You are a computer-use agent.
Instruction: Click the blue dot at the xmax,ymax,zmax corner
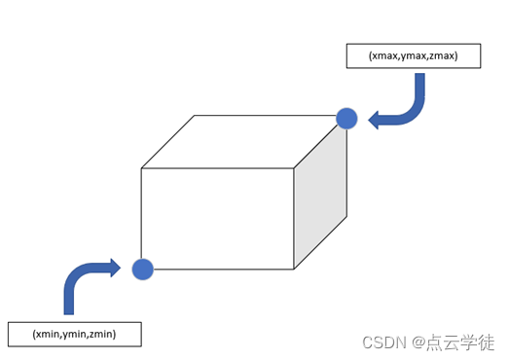[347, 119]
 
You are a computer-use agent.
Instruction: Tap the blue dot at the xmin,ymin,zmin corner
[143, 270]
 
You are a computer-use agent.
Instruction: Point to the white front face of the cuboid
[217, 218]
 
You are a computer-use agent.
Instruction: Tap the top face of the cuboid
[243, 141]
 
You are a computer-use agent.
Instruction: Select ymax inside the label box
[413, 56]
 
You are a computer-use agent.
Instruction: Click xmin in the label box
[47, 334]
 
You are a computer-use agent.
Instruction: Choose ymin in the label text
[74, 334]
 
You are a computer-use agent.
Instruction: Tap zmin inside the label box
[100, 334]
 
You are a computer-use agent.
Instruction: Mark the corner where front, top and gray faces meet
[294, 168]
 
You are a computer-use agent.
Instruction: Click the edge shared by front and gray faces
[294, 219]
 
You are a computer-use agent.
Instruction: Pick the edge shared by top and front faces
[217, 168]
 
